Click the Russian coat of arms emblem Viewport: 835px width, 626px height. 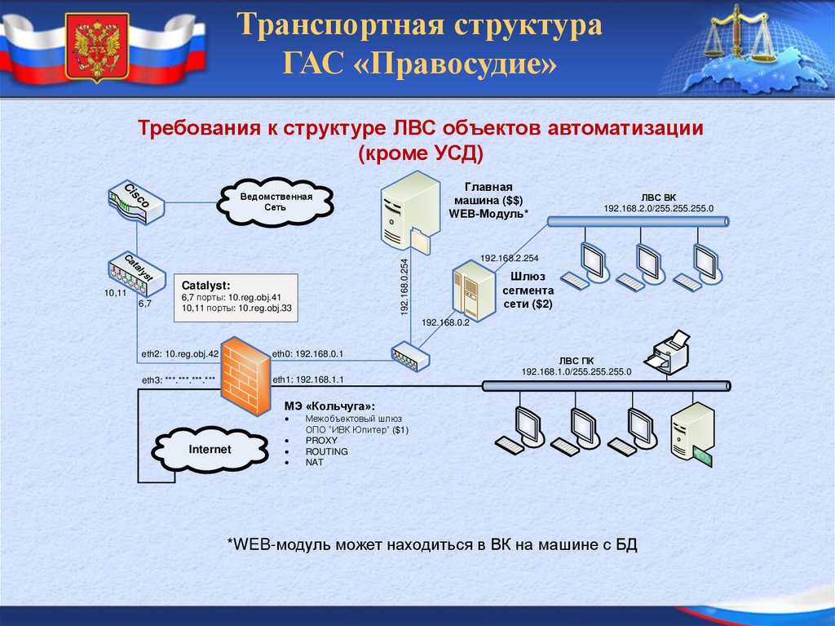(97, 47)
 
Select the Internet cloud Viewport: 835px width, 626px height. (210, 450)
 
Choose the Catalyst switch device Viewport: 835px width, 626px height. (135, 273)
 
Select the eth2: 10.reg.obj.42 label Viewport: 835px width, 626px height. (180, 353)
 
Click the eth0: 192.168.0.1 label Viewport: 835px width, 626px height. (307, 353)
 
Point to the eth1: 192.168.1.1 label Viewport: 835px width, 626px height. (307, 380)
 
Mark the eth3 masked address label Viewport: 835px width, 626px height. (179, 380)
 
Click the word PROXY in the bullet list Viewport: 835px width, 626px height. (321, 440)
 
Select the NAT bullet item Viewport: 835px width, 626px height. (315, 462)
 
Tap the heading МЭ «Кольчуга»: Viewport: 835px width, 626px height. (329, 406)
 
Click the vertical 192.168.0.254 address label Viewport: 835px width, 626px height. (404, 286)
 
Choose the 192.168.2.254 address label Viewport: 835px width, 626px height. (510, 258)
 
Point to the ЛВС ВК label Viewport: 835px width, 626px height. (658, 198)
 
